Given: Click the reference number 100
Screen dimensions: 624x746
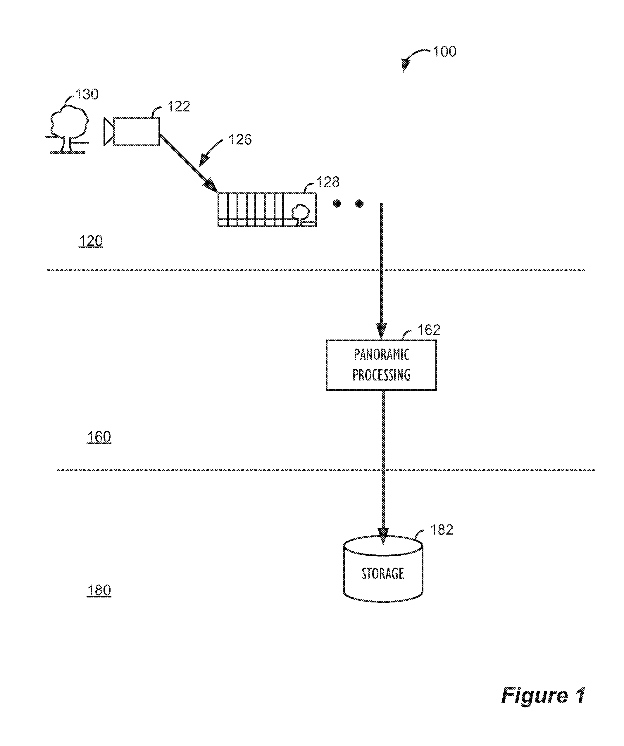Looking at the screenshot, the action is [444, 51].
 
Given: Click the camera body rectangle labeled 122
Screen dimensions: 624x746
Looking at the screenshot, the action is [136, 131].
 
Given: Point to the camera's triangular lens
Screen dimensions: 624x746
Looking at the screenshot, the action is [108, 131].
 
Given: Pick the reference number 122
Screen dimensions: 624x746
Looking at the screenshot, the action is [178, 106].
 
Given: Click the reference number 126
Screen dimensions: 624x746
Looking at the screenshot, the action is [240, 139].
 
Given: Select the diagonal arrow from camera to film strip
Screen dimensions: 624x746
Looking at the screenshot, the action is [189, 163].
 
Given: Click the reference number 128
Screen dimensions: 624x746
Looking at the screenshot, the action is [328, 182].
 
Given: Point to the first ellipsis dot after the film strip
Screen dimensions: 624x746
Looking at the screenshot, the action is [337, 204].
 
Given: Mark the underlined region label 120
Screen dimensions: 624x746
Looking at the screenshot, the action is [91, 241].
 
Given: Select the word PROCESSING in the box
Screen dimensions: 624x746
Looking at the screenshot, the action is [382, 375].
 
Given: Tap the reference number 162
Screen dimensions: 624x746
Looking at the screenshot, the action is [429, 330].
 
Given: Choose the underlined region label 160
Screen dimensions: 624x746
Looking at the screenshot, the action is [99, 437].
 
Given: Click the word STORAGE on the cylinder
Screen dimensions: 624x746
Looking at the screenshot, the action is [383, 574].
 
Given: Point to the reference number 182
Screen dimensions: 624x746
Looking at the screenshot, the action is [442, 530].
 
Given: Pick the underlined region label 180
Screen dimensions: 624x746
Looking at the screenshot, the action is [99, 590].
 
